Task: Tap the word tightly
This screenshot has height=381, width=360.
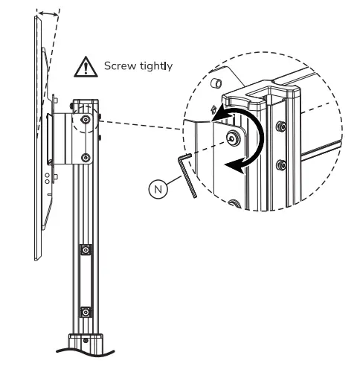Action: tap(155, 67)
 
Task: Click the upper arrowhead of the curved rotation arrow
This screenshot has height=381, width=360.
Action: tap(221, 114)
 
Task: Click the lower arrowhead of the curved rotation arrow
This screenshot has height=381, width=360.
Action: tap(234, 167)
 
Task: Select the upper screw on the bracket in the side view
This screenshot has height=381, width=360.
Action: tap(86, 119)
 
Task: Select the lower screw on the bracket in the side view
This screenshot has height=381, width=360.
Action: tap(86, 157)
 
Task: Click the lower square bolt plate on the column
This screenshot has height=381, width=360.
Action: tap(86, 312)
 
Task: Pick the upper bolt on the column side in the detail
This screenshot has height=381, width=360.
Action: tap(281, 127)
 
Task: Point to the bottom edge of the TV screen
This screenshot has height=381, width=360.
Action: tap(36, 258)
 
